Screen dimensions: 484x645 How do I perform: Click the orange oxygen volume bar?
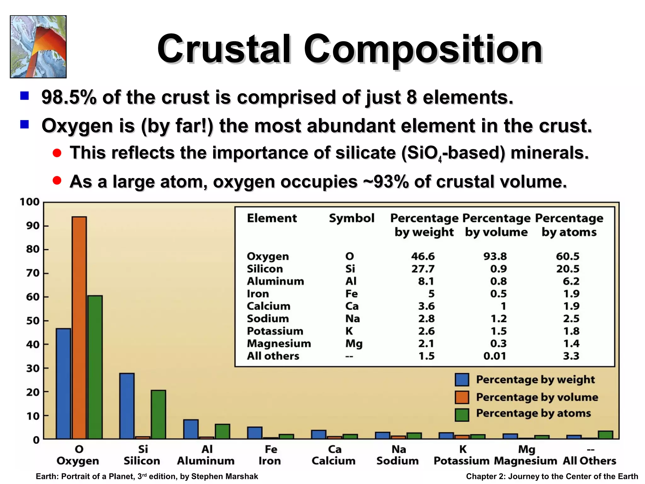coord(79,328)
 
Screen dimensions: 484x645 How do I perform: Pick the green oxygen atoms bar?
coord(95,367)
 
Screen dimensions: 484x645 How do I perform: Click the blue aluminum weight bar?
coord(191,429)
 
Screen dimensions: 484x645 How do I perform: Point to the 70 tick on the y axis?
coord(33,273)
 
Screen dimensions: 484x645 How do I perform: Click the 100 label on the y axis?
coord(30,202)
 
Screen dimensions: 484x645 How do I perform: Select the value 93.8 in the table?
coord(495,256)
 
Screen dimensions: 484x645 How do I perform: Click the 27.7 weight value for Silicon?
coord(423,269)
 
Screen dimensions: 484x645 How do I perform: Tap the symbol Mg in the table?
coord(354,343)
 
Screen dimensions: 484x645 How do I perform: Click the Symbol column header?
coord(351,218)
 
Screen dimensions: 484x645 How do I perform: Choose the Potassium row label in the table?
coord(275,331)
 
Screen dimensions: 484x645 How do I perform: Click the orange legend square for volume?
coord(462,397)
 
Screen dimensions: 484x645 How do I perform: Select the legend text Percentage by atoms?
coord(533,413)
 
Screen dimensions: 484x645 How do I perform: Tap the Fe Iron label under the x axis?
coord(270,455)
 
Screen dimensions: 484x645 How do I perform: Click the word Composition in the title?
coord(423,49)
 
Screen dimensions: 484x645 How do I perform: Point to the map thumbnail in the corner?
coord(38,47)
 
